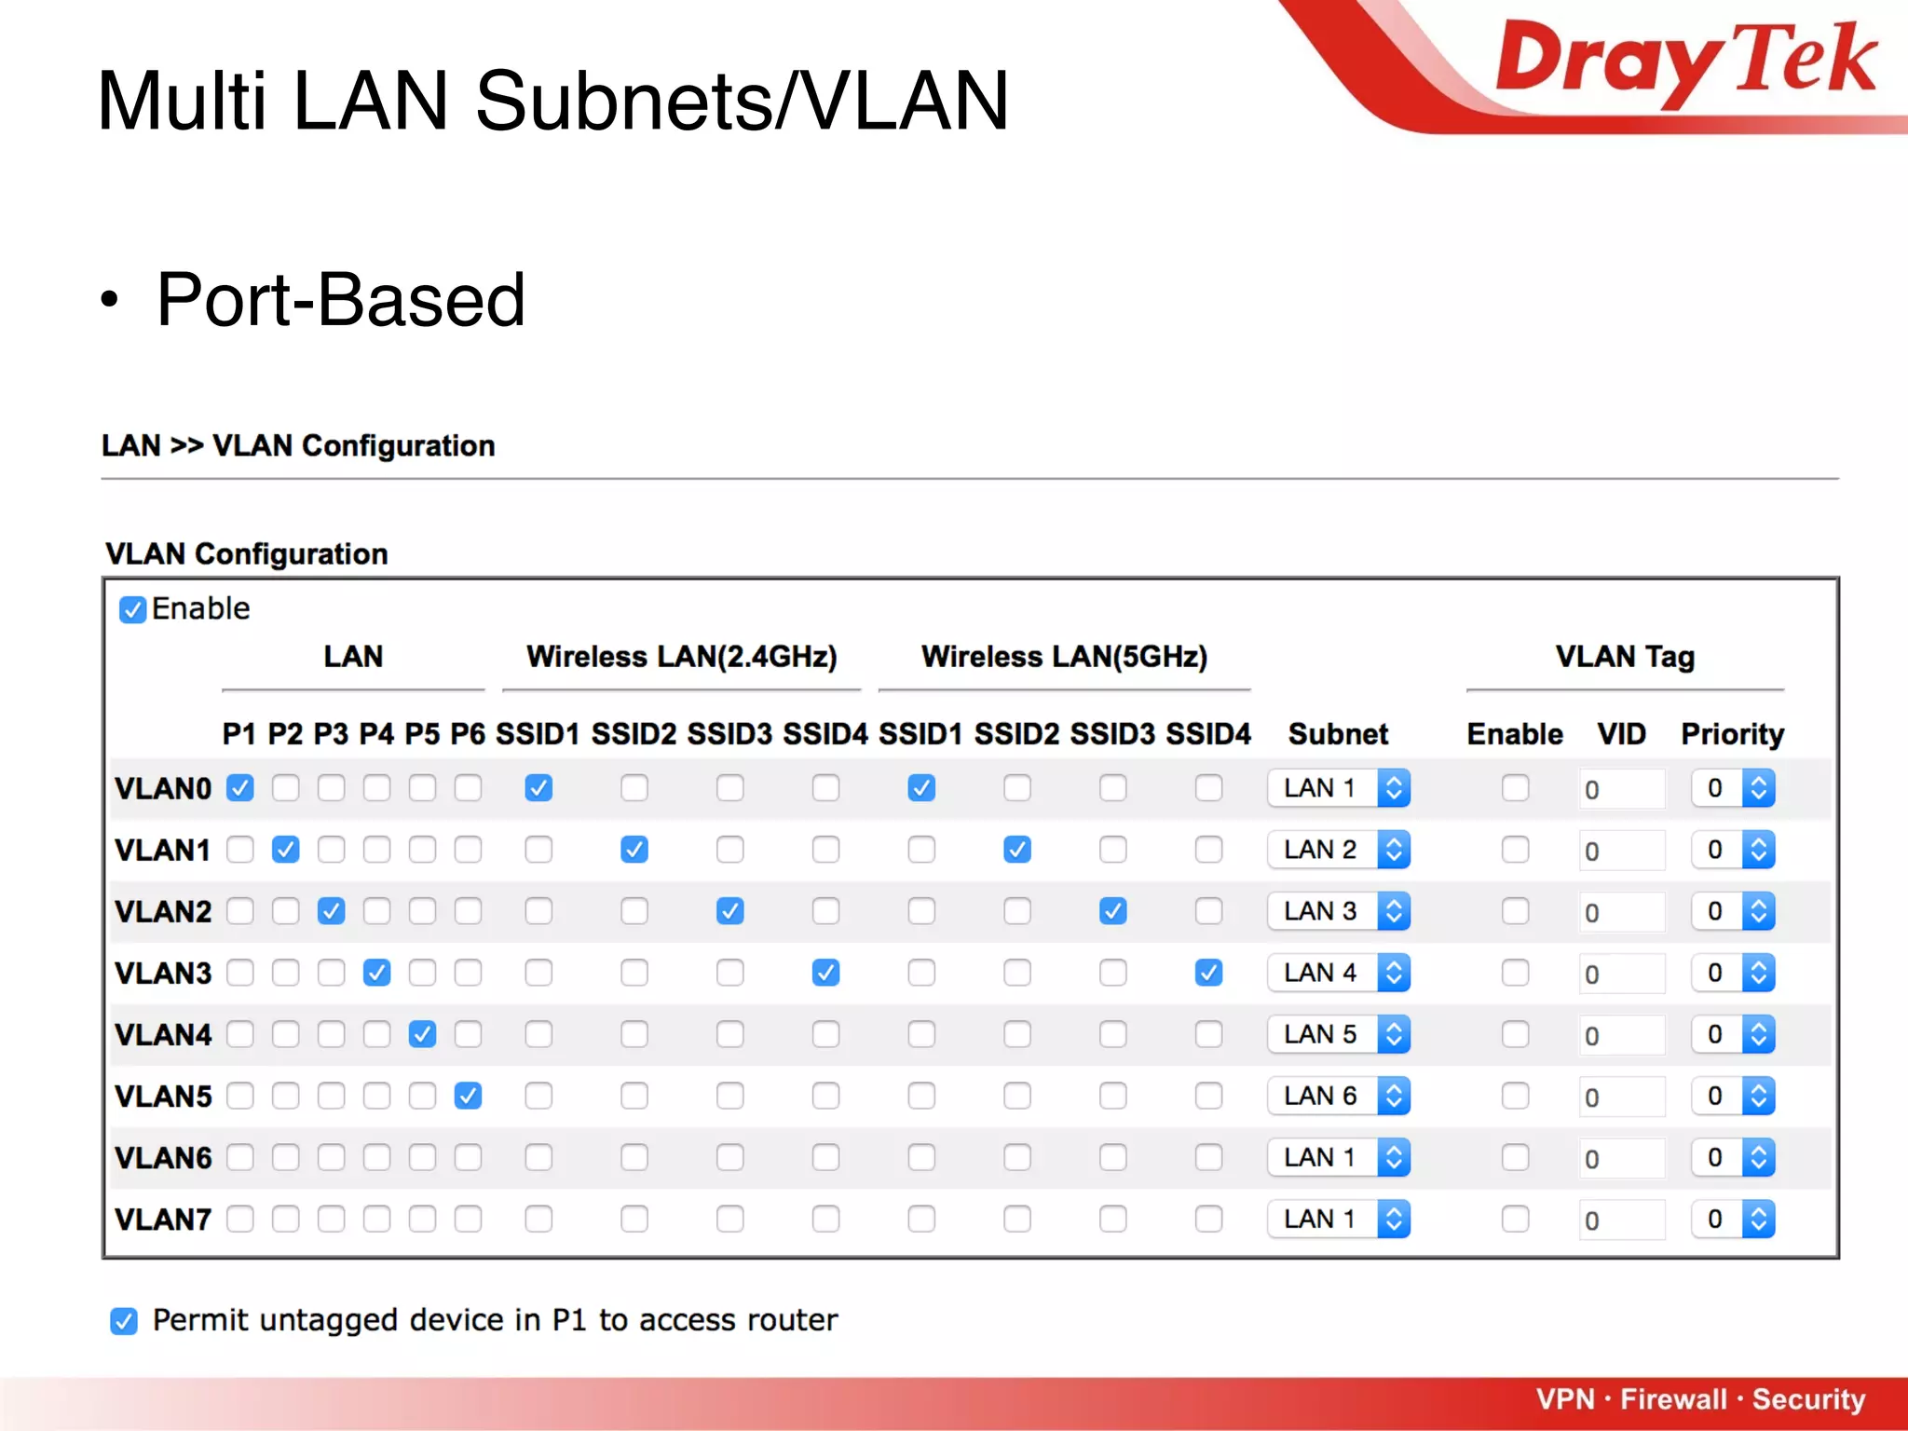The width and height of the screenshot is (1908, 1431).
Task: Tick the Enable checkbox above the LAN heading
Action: [132, 609]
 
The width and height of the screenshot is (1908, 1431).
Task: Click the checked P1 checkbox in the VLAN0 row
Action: [240, 788]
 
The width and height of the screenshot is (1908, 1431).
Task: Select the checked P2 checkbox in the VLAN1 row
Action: [286, 850]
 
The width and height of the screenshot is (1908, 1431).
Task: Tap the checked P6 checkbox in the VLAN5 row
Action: [468, 1096]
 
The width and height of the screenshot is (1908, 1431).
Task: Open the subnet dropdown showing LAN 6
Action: [1338, 1096]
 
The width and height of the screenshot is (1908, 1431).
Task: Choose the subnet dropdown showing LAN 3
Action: [1338, 911]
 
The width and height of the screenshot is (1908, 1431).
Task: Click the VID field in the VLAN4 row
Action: [1621, 1035]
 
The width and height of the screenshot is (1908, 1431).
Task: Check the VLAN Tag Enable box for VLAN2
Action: [1515, 911]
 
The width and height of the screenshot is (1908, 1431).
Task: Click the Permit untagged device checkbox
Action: [124, 1321]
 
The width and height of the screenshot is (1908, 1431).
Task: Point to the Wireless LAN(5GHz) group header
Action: [1064, 657]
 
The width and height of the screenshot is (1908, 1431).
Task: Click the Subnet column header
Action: [1338, 734]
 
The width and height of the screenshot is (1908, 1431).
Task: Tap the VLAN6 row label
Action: [163, 1158]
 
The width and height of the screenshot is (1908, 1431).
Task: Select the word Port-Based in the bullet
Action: [341, 300]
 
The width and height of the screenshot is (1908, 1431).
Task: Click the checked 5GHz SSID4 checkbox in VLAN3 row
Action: [1208, 973]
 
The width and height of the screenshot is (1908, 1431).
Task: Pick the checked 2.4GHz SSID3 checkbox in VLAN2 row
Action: [729, 911]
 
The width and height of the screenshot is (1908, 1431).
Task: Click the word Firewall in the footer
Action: [1673, 1399]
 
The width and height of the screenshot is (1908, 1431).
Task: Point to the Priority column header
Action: [1732, 734]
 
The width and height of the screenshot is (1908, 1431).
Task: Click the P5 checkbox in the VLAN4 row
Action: [422, 1034]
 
